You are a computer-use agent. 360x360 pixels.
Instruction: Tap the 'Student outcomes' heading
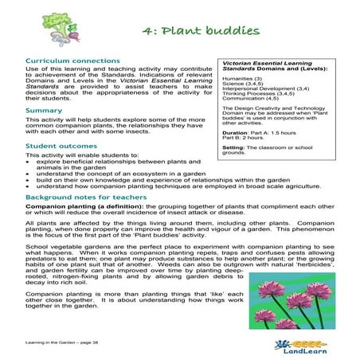pos(57,147)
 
